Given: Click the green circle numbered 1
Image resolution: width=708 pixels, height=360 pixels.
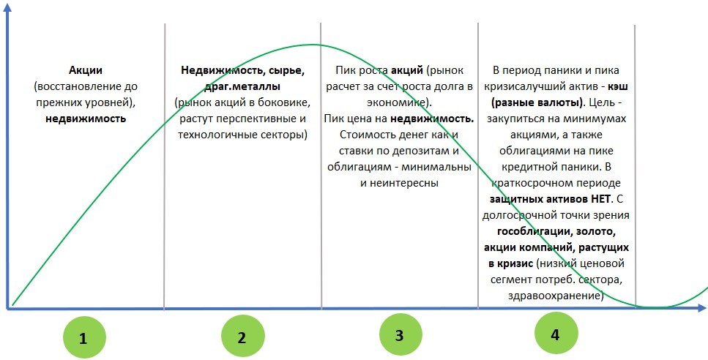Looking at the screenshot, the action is [x=83, y=338].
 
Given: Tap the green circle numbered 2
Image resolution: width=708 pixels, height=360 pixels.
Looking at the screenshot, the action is [x=242, y=337].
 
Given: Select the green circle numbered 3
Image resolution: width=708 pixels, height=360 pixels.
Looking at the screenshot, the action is [x=400, y=334].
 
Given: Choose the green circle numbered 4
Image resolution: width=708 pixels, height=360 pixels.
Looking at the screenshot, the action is [x=556, y=334].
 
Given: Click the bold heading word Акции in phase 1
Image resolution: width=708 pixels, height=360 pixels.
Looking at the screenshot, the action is [x=86, y=70].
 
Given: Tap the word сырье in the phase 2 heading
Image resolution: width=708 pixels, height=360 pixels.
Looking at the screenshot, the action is [x=287, y=71].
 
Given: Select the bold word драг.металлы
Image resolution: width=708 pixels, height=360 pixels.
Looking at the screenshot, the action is [x=242, y=86].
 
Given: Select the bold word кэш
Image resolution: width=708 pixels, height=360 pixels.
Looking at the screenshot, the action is [x=618, y=86].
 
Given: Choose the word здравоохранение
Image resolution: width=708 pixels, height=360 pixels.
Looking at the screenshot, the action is [x=556, y=296].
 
